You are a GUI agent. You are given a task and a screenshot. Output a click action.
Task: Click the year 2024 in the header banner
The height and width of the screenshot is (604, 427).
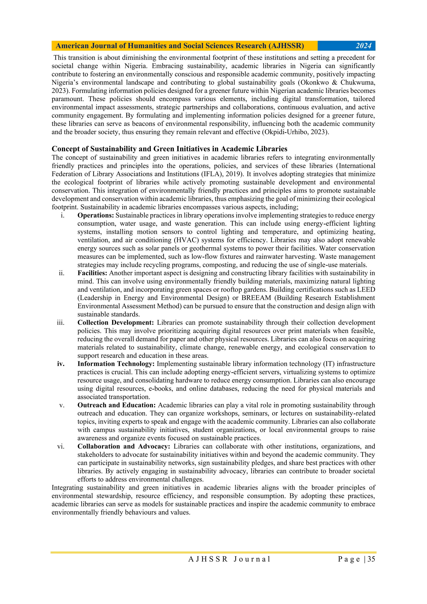363,46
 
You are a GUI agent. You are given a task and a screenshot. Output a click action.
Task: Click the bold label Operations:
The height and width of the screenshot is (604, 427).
95,215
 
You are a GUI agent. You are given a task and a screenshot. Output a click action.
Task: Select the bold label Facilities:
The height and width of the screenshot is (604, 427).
92,273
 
